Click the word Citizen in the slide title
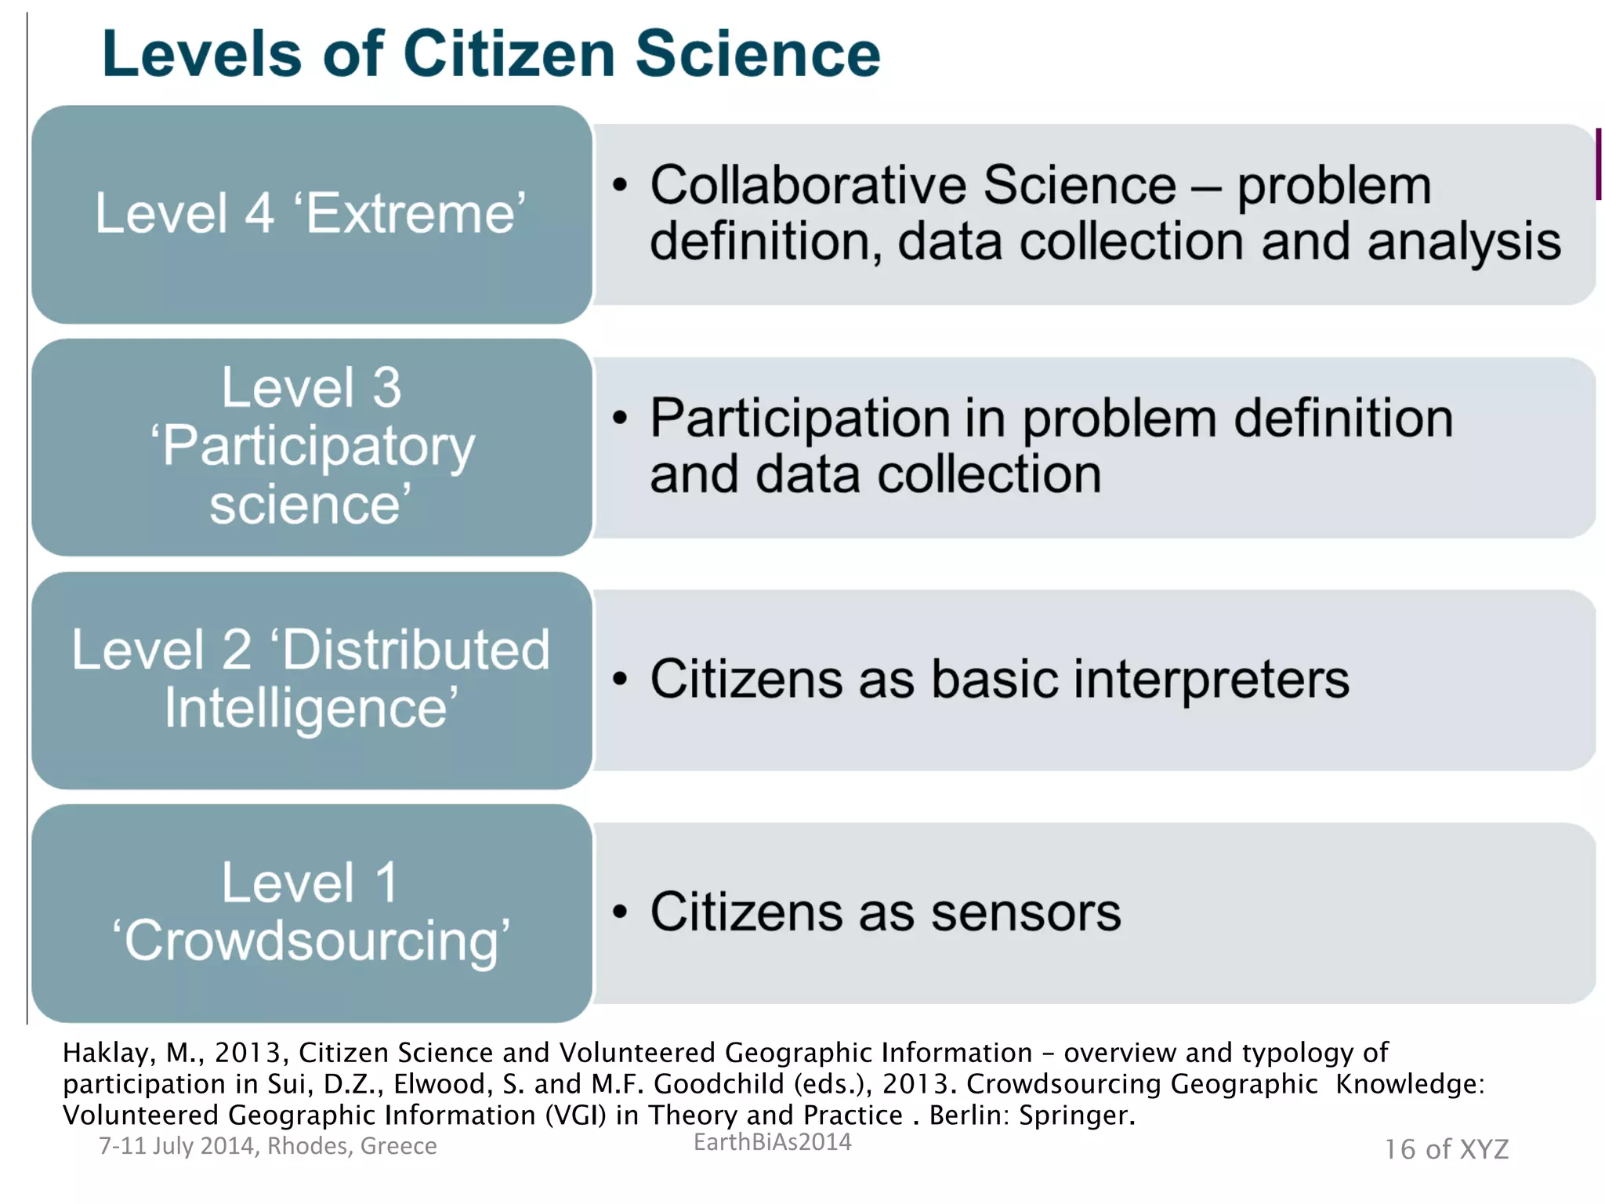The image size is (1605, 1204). pos(509,54)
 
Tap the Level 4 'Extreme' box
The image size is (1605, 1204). pos(311,214)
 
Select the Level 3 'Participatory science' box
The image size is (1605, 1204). pos(311,447)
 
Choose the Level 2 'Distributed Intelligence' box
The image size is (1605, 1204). pos(311,680)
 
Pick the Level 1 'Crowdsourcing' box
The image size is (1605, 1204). pos(311,912)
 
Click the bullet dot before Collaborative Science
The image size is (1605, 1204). pos(621,186)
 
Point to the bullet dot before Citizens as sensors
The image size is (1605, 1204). pos(621,912)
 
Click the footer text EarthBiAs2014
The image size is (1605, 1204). pos(772,1141)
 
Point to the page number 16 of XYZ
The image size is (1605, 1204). pos(1446,1149)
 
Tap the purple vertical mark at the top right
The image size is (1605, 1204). pos(1598,164)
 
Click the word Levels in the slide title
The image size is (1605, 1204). pos(201,54)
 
